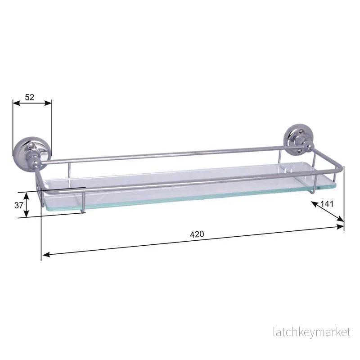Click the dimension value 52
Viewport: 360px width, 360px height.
coord(29,97)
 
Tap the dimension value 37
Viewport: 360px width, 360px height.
coord(18,205)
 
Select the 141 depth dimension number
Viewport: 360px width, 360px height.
coord(327,204)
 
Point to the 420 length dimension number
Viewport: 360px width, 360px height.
coord(197,234)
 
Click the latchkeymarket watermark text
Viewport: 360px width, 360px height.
coord(312,332)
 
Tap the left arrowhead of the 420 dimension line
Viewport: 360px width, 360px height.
coord(46,254)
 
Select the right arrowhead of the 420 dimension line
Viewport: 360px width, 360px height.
coord(340,227)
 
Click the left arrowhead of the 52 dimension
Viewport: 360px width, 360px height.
coord(17,103)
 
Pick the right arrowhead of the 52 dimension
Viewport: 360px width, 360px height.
coord(48,103)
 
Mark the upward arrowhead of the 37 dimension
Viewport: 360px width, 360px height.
coord(27,196)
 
